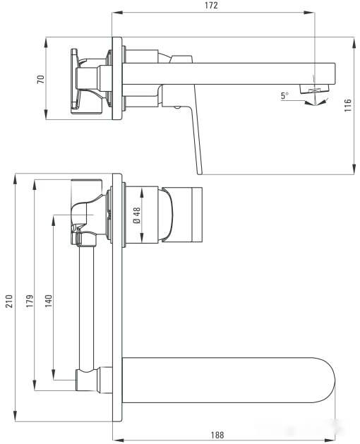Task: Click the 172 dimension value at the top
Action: tap(212, 6)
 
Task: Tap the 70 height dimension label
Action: tap(40, 79)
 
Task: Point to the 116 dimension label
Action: tap(347, 107)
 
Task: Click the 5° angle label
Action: tap(284, 95)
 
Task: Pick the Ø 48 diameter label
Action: tap(136, 214)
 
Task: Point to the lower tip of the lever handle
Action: tap(200, 171)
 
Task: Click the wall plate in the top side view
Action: tap(117, 78)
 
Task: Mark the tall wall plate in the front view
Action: tap(117, 304)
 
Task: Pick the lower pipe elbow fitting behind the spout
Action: tap(90, 379)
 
